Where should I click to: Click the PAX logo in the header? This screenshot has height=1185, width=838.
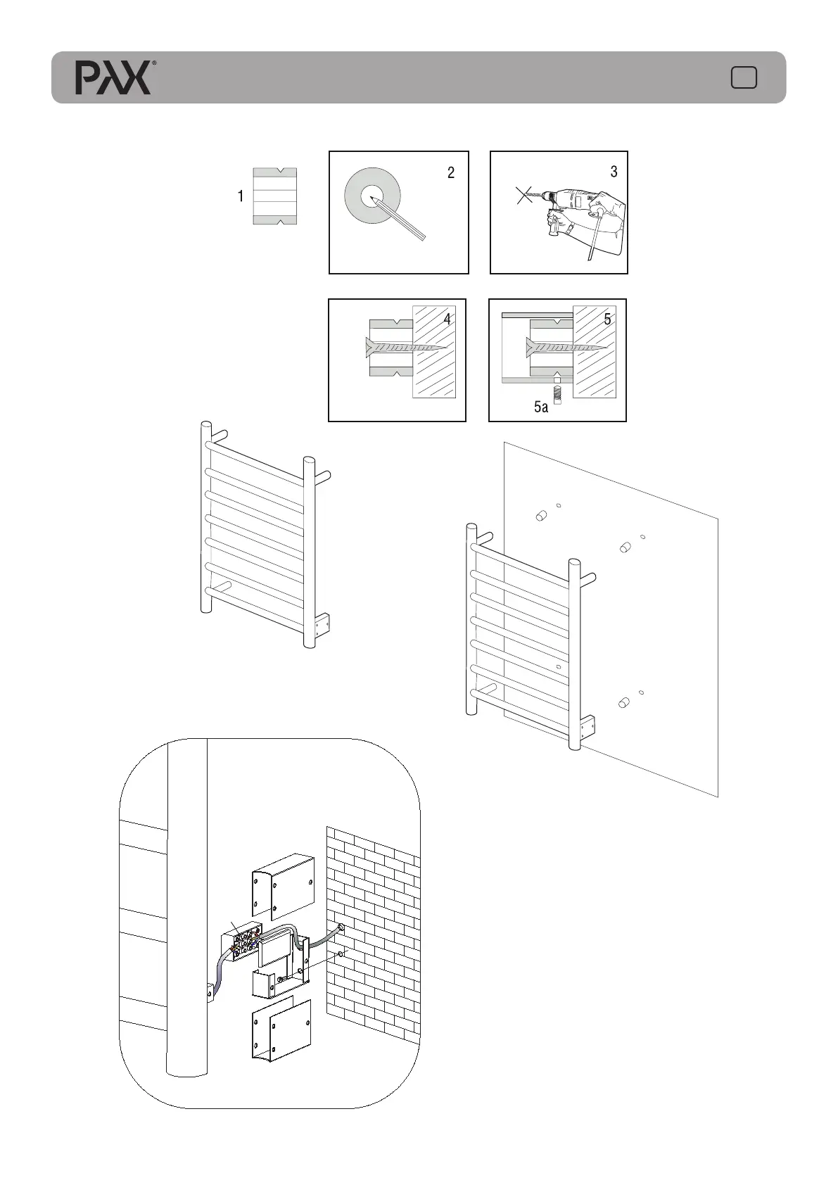click(x=113, y=77)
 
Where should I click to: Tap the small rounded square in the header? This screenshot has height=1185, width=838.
click(x=744, y=77)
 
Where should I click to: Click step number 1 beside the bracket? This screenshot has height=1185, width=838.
click(x=241, y=196)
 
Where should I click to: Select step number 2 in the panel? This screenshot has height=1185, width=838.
click(x=451, y=173)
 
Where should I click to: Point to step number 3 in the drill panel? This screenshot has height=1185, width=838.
click(x=614, y=172)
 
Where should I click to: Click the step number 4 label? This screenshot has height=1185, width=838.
click(x=447, y=319)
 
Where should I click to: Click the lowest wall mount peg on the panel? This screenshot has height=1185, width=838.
click(x=623, y=702)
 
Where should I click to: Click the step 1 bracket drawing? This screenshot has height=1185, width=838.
click(x=274, y=196)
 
